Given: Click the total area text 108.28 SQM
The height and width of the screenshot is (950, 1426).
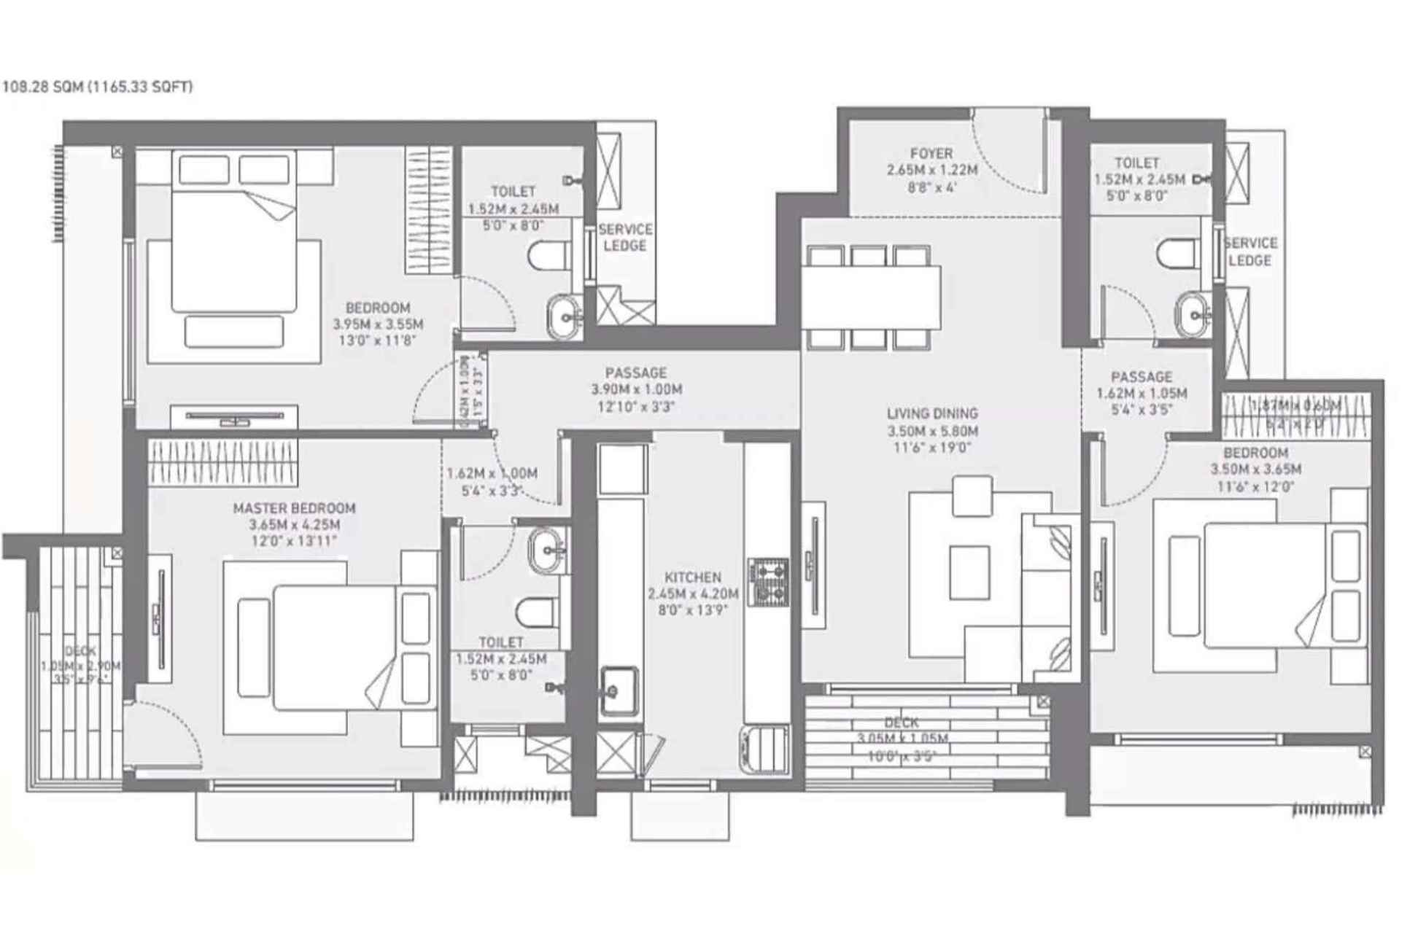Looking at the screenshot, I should pos(44,87).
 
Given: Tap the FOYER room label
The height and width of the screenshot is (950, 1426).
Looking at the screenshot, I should pos(931,154).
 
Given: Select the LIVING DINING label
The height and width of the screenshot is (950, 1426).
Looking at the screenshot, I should pos(932,413).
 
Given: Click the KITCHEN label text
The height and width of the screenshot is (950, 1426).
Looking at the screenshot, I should pos(692,577).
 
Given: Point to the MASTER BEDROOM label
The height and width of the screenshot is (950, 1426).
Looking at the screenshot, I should pos(294,508).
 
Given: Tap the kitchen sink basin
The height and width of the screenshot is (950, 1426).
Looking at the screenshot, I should pos(619,690).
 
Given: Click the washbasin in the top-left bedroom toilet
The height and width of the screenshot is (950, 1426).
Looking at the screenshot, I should pos(564,316).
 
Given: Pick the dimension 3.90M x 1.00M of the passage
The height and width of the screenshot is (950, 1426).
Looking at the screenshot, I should pos(636,390).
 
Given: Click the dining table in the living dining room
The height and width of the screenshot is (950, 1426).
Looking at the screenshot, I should pos(871,298).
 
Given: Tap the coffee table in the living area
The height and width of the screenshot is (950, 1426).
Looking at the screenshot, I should pos(969,572).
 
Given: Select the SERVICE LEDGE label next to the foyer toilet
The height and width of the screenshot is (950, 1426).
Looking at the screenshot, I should pos(1250,252).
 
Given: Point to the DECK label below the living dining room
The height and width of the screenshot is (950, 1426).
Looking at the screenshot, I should pos(901,723).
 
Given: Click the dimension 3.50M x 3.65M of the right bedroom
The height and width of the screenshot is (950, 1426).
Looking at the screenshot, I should pos(1255,470).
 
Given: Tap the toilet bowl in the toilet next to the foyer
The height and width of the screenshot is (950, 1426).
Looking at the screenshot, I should pos(1177,253).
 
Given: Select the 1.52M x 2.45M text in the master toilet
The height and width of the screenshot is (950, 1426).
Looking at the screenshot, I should pos(500,659).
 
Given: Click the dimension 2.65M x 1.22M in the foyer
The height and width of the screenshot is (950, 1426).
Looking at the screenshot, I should pos(931,171).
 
